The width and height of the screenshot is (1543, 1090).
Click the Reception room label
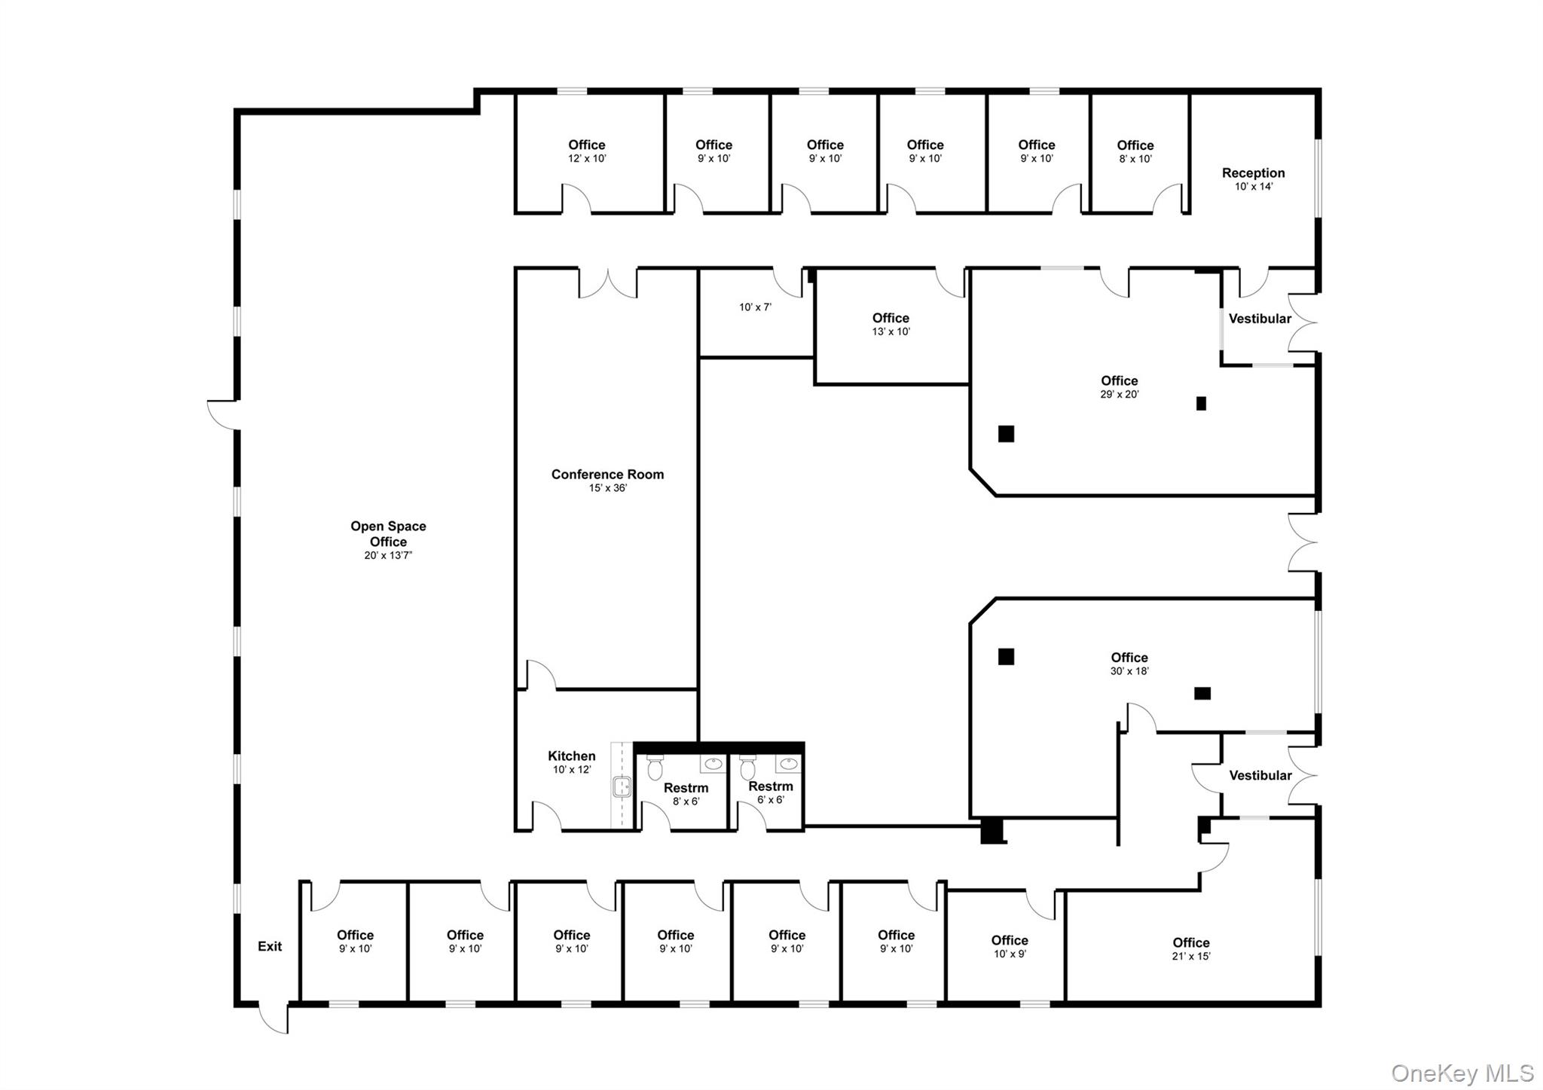[1253, 173]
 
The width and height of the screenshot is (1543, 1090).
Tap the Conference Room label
[607, 475]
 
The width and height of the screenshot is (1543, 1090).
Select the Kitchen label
[571, 756]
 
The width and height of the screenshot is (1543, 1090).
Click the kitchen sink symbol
[622, 787]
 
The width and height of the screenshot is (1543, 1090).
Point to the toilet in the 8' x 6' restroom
[655, 768]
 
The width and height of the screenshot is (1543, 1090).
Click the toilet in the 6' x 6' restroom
[747, 768]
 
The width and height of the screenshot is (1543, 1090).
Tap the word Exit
[270, 947]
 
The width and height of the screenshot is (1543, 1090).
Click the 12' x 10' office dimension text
[587, 159]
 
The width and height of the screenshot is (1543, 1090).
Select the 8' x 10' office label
[1135, 145]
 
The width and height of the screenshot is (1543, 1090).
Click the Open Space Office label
[388, 534]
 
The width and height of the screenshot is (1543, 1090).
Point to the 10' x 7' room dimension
[755, 307]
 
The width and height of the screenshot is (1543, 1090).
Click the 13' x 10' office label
[891, 319]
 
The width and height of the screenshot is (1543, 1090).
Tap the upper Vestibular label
[1260, 319]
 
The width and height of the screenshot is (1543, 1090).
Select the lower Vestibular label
[1260, 775]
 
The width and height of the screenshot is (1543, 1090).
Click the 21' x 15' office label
[1190, 943]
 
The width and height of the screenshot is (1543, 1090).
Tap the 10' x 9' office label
[1009, 941]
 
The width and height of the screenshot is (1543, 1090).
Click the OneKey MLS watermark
[1462, 1073]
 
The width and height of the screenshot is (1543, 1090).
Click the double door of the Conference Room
[608, 284]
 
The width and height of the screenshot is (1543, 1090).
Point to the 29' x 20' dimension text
[1119, 395]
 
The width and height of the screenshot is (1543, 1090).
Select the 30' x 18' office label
[1129, 658]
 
